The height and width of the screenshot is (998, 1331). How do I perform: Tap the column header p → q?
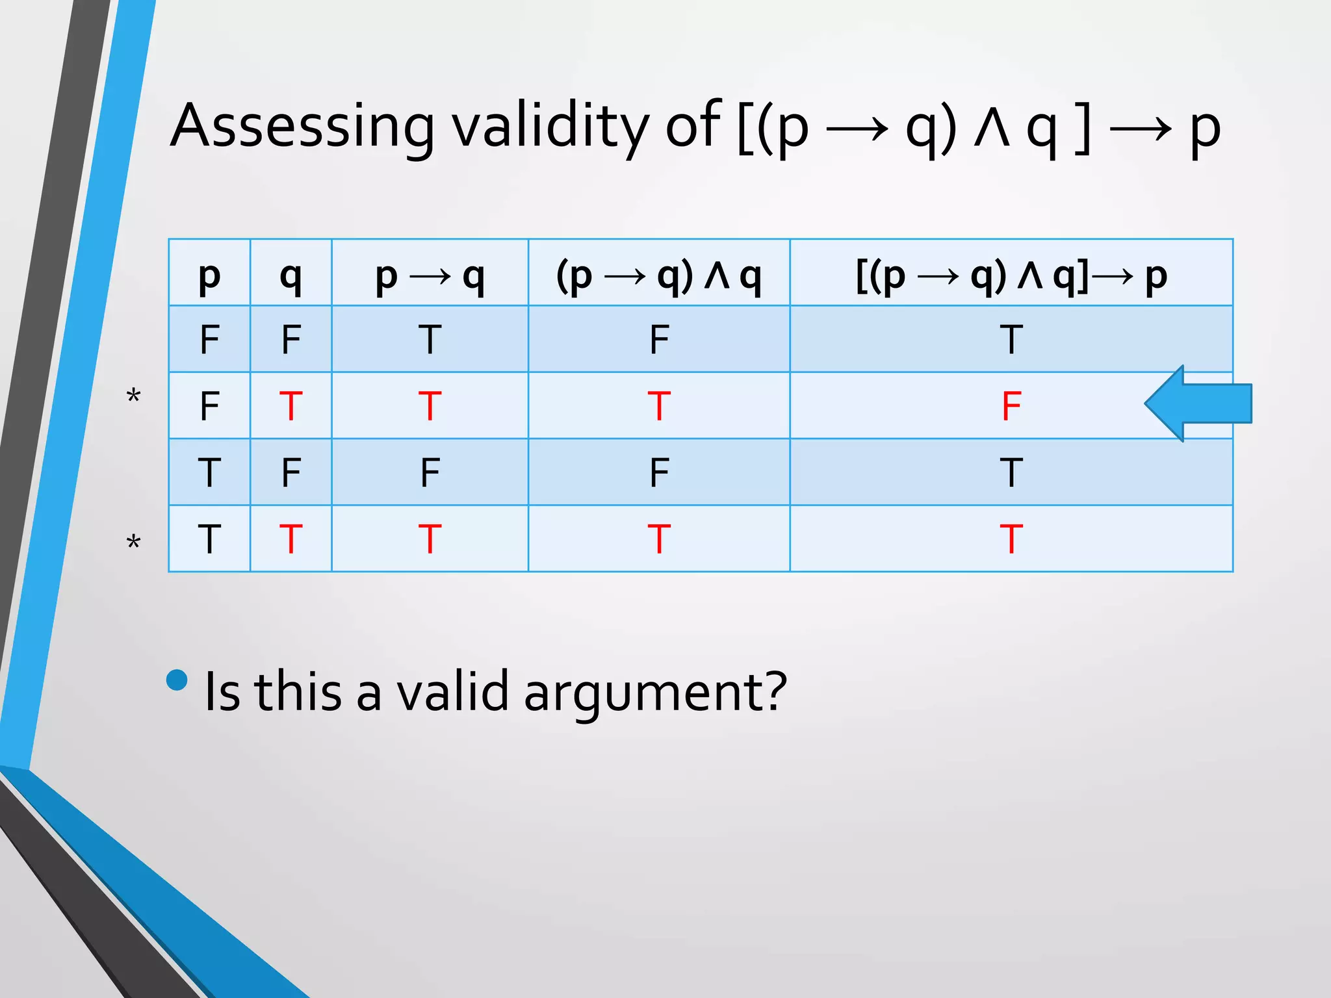click(x=430, y=276)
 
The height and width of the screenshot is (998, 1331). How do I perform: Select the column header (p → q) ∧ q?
click(x=658, y=276)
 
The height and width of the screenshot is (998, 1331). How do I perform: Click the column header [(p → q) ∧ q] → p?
click(x=1011, y=276)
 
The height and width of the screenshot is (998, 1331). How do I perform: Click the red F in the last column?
click(x=1011, y=407)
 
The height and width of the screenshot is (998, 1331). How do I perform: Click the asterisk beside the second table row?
click(x=133, y=396)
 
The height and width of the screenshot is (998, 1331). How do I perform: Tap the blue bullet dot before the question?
click(x=177, y=680)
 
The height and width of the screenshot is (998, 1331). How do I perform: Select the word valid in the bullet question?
click(x=452, y=691)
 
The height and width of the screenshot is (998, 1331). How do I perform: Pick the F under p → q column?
click(x=430, y=473)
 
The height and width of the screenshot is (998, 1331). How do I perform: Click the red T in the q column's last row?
click(x=291, y=539)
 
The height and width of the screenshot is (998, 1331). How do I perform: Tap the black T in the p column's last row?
click(x=209, y=539)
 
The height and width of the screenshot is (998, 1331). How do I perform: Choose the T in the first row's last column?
click(x=1011, y=340)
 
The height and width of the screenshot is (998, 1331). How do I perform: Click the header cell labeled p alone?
click(x=209, y=276)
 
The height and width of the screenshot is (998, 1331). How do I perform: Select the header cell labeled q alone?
click(x=291, y=276)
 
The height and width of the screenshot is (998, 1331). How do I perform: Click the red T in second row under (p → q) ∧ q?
click(x=658, y=407)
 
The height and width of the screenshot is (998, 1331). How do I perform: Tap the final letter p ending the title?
click(x=1205, y=130)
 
